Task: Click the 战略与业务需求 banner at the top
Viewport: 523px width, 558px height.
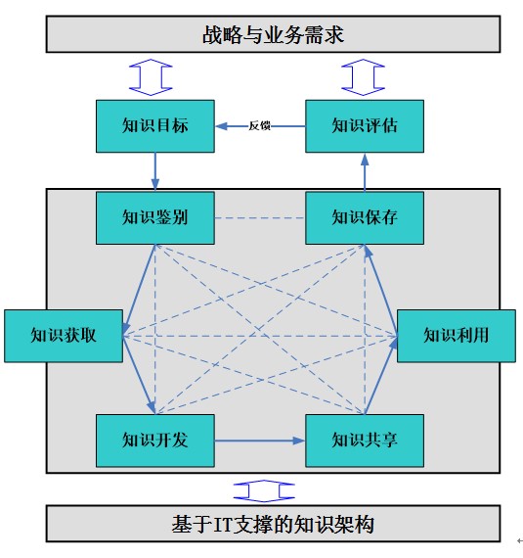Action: (x=273, y=34)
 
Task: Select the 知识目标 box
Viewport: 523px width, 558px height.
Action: (x=155, y=126)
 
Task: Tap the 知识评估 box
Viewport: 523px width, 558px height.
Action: (x=365, y=126)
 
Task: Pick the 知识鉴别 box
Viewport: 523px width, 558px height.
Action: (x=155, y=217)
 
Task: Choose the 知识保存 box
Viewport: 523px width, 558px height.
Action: (x=365, y=217)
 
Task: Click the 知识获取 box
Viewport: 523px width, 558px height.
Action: (x=64, y=336)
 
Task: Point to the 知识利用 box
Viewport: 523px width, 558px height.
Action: (x=457, y=336)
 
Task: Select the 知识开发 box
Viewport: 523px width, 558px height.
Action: (x=155, y=441)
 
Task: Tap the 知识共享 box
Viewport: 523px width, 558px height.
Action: (x=365, y=441)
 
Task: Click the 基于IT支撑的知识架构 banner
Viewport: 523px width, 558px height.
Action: (x=273, y=524)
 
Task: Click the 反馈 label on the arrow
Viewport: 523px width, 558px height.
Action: (x=259, y=126)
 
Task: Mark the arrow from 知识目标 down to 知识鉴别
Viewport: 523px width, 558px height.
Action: (x=154, y=172)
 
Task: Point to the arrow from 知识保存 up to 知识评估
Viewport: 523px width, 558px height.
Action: (x=365, y=172)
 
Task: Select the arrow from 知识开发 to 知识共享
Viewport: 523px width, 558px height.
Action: (x=260, y=441)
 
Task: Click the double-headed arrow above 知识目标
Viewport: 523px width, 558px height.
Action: (x=151, y=77)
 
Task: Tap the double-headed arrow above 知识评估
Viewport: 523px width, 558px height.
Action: (x=363, y=77)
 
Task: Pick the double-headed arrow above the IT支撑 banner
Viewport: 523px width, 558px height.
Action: (x=264, y=491)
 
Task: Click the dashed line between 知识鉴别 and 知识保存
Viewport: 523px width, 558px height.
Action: (x=260, y=217)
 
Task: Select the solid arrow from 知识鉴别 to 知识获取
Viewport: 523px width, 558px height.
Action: (x=139, y=290)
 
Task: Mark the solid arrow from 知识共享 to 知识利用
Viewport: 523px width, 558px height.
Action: (x=381, y=375)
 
